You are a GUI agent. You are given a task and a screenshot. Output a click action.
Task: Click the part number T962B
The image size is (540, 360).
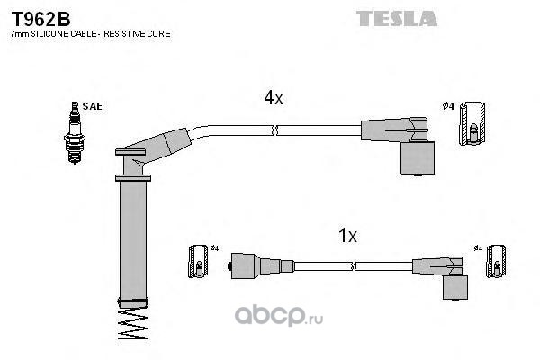[x=41, y=19]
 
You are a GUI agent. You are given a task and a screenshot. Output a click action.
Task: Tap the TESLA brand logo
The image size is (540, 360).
[x=397, y=19]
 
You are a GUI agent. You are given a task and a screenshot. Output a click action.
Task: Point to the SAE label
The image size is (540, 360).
[x=93, y=106]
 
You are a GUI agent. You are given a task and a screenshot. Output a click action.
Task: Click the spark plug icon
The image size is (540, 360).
[x=75, y=132]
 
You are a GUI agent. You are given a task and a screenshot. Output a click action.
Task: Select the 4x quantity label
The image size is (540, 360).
[x=274, y=98]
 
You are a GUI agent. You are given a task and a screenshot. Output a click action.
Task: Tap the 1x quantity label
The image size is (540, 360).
[x=347, y=236]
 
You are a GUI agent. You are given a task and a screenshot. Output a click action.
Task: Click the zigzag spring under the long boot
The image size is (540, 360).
[x=133, y=324]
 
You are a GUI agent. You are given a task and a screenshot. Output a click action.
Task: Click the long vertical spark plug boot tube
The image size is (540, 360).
[x=133, y=240]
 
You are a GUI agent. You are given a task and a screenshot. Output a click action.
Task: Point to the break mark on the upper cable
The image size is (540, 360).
[x=274, y=130]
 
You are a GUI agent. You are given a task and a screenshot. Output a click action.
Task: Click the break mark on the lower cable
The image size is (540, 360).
[x=353, y=266]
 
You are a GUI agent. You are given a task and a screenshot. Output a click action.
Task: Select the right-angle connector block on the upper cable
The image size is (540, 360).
[x=418, y=157]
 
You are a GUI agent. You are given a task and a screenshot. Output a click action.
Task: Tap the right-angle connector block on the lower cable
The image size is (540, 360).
[x=455, y=287]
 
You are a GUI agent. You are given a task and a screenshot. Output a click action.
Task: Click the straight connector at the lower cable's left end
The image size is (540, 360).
[x=261, y=266]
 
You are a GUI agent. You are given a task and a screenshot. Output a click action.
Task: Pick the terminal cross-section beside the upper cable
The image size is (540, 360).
[x=472, y=123]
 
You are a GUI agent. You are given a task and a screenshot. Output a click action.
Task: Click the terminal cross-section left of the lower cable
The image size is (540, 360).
[x=198, y=262]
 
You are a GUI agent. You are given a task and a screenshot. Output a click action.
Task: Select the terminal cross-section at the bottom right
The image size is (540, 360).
[x=496, y=261]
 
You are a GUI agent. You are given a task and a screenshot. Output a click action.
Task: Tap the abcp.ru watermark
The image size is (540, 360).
[x=279, y=315]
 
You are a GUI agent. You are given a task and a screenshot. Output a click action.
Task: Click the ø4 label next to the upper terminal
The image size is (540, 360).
[x=449, y=106]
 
